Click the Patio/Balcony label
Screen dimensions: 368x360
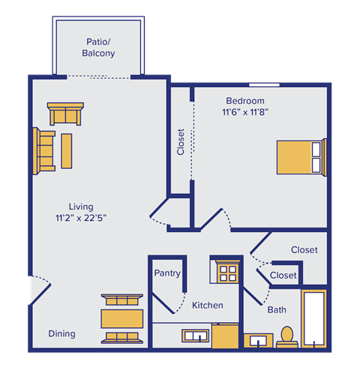pos(98,47)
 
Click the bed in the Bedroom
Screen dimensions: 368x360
pos(301,158)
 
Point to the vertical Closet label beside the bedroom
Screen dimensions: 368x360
pos(181,142)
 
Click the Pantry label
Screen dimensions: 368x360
pos(166,273)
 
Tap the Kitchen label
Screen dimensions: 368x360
pos(207,306)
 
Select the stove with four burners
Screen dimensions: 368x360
pos(227,271)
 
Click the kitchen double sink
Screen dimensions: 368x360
pos(196,336)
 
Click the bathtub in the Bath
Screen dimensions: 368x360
pos(313,318)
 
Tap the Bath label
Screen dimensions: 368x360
pos(276,309)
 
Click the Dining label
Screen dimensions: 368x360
pos(61,333)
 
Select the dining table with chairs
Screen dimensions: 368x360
pos(122,317)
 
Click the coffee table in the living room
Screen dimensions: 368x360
pos(67,151)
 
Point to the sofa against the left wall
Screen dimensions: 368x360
pos(44,149)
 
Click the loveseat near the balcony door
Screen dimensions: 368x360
pos(65,114)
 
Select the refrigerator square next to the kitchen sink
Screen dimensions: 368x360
pos(225,336)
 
